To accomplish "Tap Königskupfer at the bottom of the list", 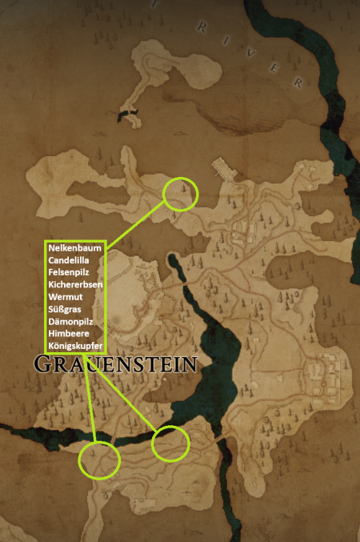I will (74, 346).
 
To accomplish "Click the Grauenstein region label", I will (116, 364).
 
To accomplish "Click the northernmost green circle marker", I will (180, 193).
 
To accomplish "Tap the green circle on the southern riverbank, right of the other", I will (170, 444).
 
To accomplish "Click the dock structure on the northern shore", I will (223, 169).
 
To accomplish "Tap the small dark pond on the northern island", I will (125, 117).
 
